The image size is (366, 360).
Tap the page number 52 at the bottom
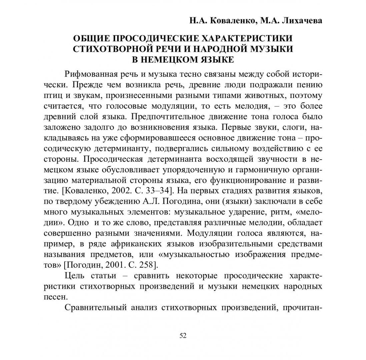coord(183,336)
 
